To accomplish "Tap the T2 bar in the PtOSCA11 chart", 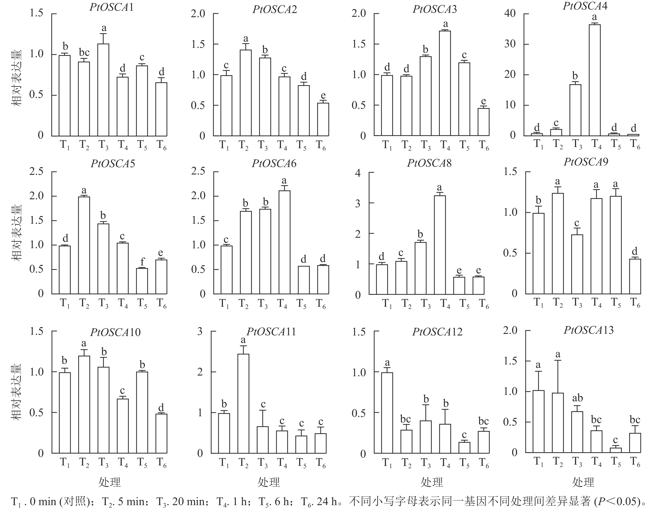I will pyautogui.click(x=243, y=404).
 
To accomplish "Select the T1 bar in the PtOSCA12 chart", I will pyautogui.click(x=387, y=413).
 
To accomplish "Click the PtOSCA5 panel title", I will pyautogui.click(x=113, y=164).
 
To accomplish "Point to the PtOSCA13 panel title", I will pyautogui.click(x=589, y=330).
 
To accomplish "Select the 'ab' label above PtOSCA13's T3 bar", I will pyautogui.click(x=577, y=398).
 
